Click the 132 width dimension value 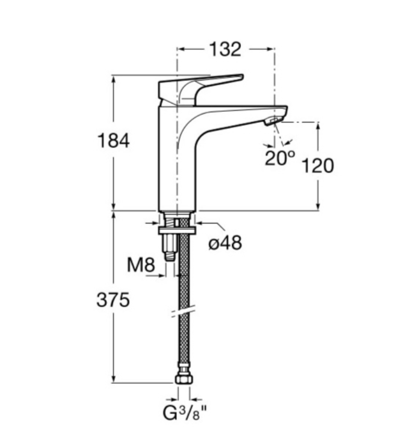click(x=225, y=49)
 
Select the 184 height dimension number click(x=113, y=141)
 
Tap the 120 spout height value click(x=318, y=165)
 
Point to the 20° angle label click(x=280, y=158)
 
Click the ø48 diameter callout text click(x=225, y=242)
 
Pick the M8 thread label click(x=141, y=265)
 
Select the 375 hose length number click(x=113, y=300)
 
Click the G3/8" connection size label click(x=185, y=413)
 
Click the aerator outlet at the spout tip click(x=273, y=121)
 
